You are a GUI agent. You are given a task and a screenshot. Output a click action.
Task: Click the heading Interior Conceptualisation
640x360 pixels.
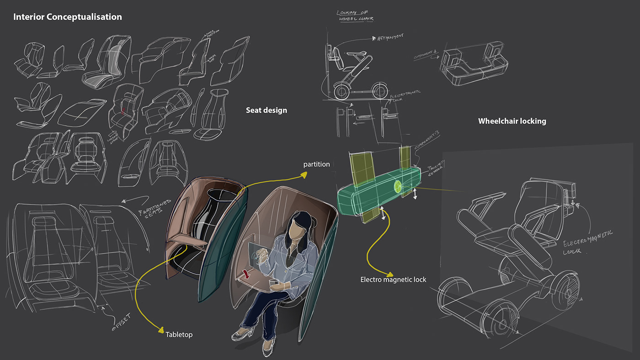pos(68,17)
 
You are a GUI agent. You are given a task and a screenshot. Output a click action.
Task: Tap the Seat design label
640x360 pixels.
pos(267,110)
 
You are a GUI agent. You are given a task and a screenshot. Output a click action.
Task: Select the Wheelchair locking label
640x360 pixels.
pos(512,121)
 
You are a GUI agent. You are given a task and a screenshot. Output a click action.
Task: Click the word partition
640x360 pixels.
pos(316,164)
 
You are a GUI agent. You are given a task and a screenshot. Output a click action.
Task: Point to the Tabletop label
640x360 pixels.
pos(179,334)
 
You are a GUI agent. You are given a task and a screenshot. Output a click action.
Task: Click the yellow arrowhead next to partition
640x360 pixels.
pos(303,174)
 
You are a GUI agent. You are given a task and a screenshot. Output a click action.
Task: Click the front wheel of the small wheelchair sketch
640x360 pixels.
pos(341,92)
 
